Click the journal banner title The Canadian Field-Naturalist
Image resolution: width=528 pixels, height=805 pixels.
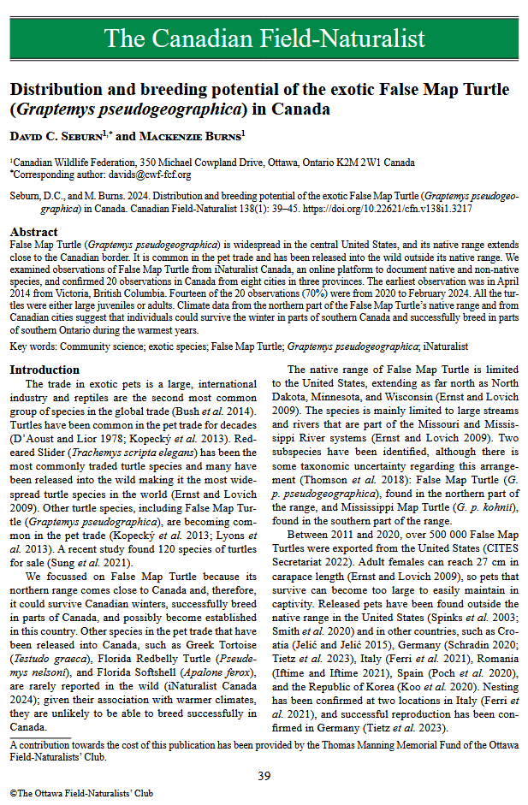point(264,38)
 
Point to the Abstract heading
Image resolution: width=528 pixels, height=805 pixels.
point(34,233)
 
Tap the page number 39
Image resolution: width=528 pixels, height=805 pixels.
point(264,775)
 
